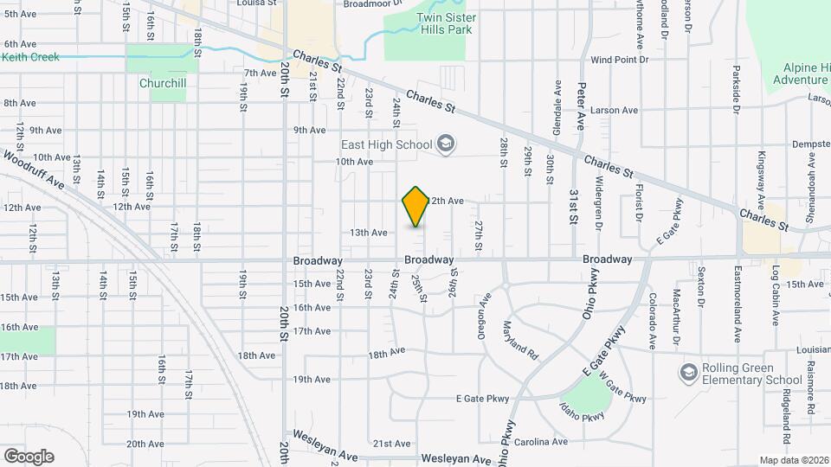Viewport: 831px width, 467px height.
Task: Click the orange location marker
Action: point(415,207)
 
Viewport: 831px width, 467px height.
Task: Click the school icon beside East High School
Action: point(446,144)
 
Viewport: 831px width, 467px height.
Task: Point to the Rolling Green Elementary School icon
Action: point(689,372)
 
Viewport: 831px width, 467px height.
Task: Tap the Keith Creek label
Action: point(30,57)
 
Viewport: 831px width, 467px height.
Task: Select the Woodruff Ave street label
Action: point(34,171)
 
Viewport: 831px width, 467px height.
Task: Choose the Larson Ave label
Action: point(614,110)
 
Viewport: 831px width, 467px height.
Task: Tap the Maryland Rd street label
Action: point(520,341)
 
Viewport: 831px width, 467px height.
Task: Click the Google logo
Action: point(29,456)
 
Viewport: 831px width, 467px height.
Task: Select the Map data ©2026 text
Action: point(794,460)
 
